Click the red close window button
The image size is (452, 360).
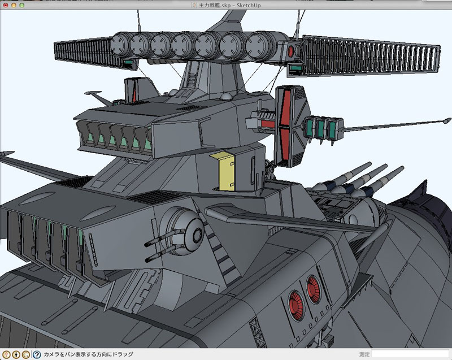6,5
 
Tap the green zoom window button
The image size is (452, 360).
21,5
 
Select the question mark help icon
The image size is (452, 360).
37,354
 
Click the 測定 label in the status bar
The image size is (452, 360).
364,354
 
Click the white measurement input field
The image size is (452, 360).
410,354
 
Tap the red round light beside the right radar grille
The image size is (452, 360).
290,51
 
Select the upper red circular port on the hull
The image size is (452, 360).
313,289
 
